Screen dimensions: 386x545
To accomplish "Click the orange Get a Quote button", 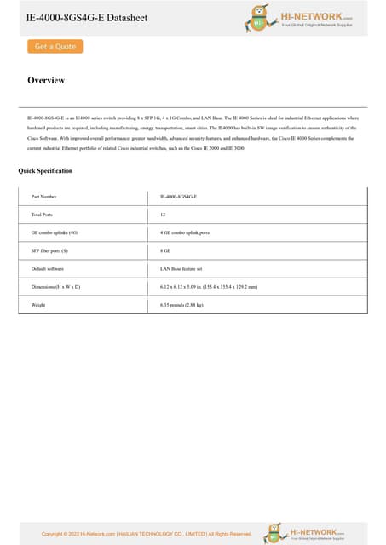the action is tap(55, 46).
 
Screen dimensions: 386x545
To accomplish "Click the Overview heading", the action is tap(46, 81).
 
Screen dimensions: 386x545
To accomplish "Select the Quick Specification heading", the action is tap(45, 171).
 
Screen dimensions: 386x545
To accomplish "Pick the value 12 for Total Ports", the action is tap(162, 215).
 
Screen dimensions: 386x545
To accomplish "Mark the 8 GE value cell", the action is tap(165, 250).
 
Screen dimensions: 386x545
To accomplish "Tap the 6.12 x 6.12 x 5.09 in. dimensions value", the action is tap(208, 287).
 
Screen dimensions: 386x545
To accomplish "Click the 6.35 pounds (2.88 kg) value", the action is tap(181, 304).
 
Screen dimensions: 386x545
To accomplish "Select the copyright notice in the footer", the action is tap(147, 534).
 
